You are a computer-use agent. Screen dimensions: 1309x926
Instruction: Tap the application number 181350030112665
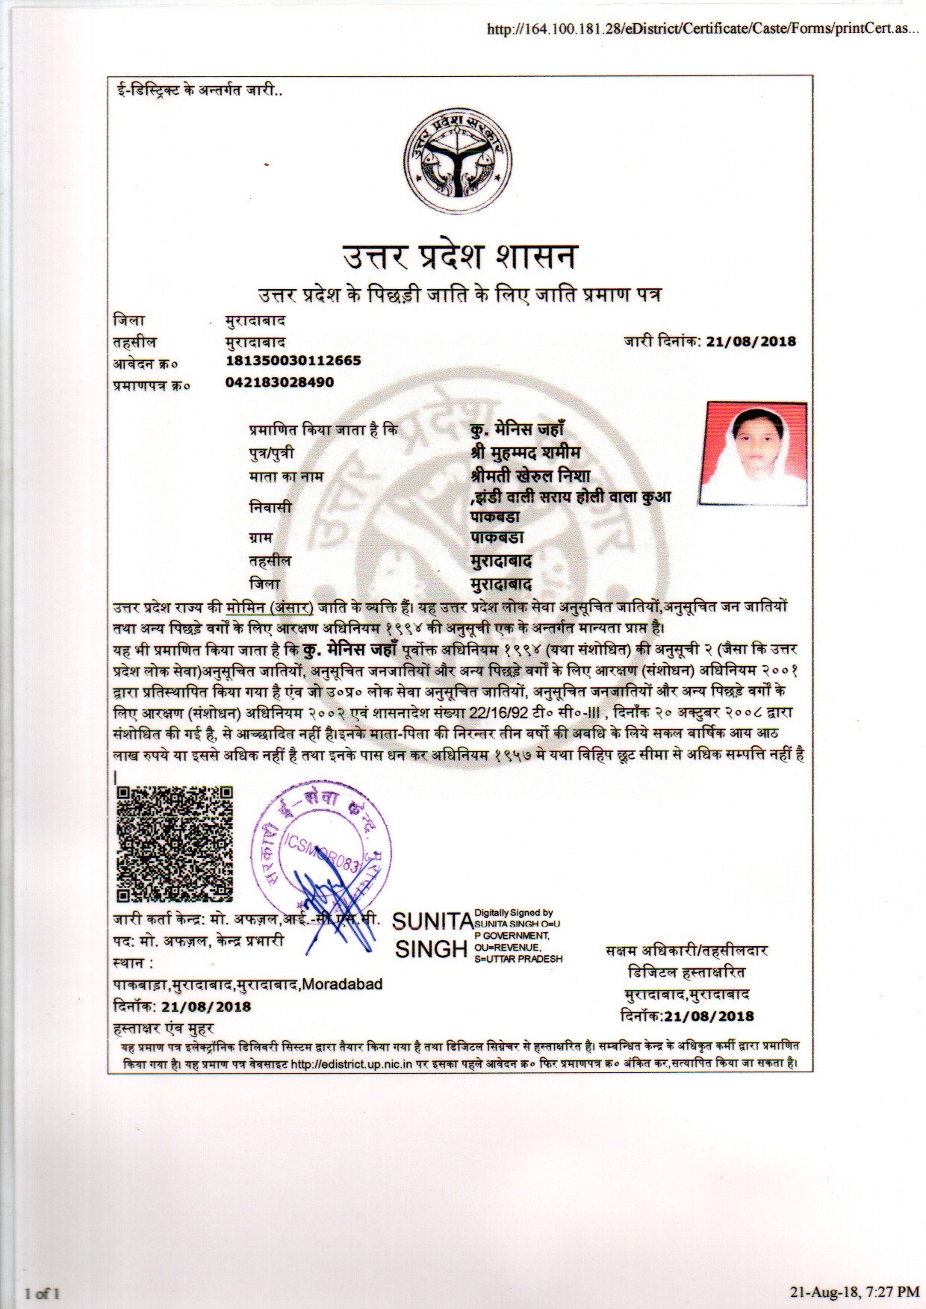(293, 361)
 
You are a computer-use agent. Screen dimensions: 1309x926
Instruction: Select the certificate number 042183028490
(279, 382)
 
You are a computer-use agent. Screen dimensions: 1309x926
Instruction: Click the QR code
(175, 844)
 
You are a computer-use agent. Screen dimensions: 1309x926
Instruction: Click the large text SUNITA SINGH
(432, 934)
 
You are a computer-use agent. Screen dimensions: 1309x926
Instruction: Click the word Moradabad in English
(343, 984)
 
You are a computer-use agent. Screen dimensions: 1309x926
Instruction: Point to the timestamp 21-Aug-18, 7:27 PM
(854, 1291)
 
